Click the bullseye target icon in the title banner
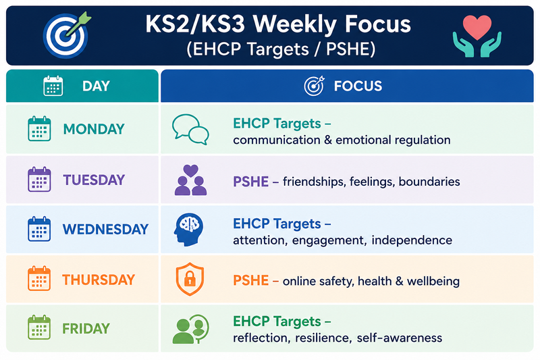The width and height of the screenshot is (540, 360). [x=65, y=35]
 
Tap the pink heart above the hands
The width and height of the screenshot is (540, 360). [x=477, y=27]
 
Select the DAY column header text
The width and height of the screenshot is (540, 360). [x=96, y=86]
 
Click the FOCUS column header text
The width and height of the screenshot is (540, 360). [x=358, y=86]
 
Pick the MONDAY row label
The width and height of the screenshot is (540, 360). [x=94, y=129]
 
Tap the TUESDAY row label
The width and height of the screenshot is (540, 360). [x=94, y=180]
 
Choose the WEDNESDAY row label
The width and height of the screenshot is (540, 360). [x=105, y=230]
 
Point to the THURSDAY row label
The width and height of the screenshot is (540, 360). [x=99, y=280]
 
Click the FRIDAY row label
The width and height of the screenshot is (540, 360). [x=86, y=329]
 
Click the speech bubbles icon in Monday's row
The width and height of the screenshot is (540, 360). [x=190, y=129]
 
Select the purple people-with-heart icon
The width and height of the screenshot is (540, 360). [x=191, y=180]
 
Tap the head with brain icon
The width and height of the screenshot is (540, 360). [x=188, y=230]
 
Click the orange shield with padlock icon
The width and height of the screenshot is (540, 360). [x=190, y=280]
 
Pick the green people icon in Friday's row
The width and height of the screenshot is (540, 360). [x=191, y=329]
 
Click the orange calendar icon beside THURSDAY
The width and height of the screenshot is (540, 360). [x=39, y=278]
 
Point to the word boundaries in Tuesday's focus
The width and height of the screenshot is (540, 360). [x=429, y=182]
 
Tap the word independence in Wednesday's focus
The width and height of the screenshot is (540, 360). [x=412, y=240]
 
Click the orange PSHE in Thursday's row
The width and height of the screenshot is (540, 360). [x=250, y=280]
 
